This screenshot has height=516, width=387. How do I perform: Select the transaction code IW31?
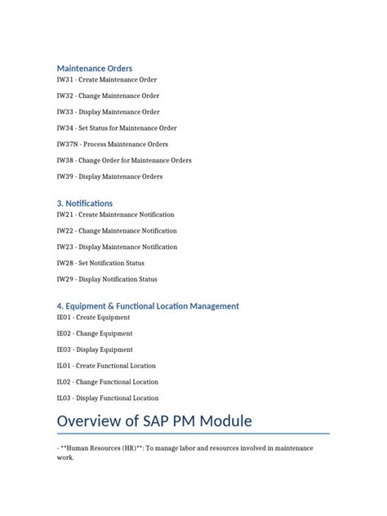[64, 80]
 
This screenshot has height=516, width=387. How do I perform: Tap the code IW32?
[64, 96]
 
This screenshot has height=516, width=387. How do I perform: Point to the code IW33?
[64, 112]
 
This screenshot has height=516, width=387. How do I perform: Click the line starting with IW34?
[116, 128]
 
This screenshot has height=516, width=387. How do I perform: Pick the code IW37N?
[67, 145]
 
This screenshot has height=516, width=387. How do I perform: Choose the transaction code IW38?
[64, 160]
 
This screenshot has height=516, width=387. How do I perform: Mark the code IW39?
[64, 176]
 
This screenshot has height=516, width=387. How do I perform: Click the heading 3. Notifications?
[85, 202]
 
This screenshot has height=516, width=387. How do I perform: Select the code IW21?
[64, 215]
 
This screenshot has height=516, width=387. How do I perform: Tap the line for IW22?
[117, 231]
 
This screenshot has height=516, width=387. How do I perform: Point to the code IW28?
[64, 263]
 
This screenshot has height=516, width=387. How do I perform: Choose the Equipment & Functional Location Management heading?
[148, 305]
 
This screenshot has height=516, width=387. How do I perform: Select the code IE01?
[64, 318]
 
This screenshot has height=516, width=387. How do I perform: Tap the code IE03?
[64, 349]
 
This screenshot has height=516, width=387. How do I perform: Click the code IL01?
[64, 366]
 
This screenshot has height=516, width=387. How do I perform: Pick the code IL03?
[64, 398]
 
